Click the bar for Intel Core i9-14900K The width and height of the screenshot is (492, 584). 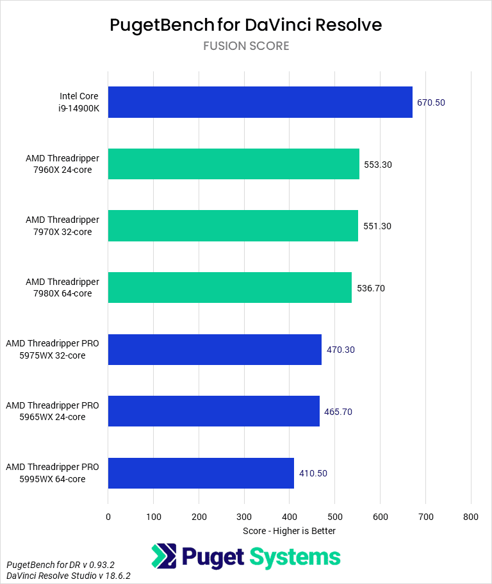click(x=260, y=102)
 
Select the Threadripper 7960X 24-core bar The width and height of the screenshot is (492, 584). click(x=234, y=164)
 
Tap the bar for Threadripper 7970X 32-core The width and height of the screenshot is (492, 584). click(x=233, y=225)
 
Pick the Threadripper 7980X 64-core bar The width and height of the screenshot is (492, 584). click(x=230, y=288)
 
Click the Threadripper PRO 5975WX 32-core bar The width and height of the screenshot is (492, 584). click(x=215, y=349)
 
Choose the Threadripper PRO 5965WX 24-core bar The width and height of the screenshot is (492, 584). click(x=214, y=410)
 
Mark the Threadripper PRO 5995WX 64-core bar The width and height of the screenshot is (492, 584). click(x=201, y=473)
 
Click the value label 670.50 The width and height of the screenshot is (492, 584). click(x=430, y=102)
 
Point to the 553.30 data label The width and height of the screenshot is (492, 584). click(x=377, y=165)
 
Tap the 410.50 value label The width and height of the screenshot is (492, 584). click(x=313, y=473)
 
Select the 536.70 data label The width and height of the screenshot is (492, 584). click(x=371, y=288)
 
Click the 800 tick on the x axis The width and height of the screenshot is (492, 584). click(x=471, y=517)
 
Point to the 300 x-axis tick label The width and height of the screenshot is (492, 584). click(x=244, y=517)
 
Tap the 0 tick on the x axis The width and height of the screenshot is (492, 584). click(x=108, y=517)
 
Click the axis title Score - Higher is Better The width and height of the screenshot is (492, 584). click(x=290, y=531)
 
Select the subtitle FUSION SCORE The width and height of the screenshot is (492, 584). click(x=246, y=46)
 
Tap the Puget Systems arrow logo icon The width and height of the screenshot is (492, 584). click(x=163, y=556)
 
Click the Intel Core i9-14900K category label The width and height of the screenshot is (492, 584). click(x=81, y=102)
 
